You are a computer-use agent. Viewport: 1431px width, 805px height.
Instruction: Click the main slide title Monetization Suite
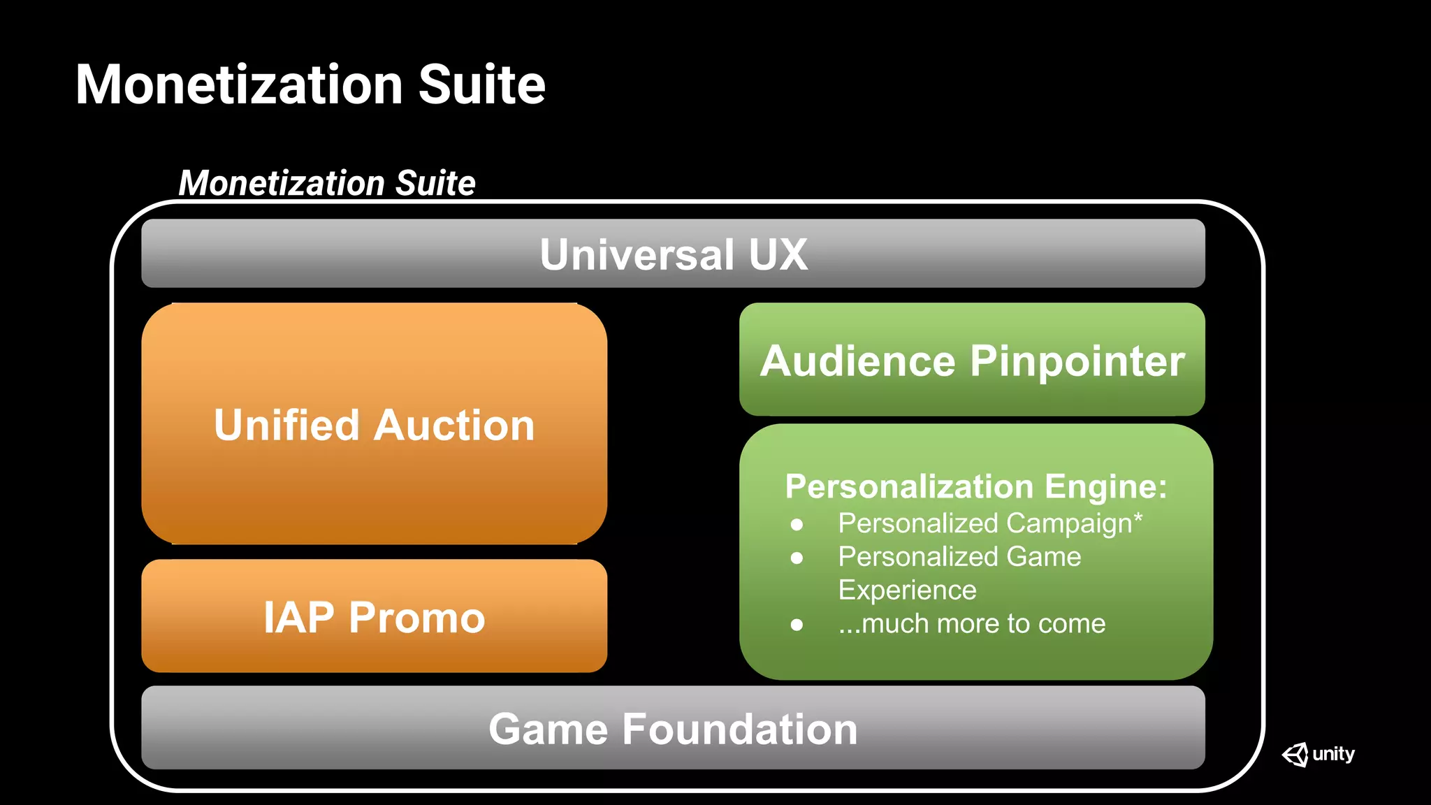point(310,85)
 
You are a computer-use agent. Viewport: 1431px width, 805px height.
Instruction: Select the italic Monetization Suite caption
point(327,183)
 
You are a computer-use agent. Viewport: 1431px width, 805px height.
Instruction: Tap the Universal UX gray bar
point(673,254)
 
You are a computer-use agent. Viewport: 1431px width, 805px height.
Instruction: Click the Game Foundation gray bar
point(673,728)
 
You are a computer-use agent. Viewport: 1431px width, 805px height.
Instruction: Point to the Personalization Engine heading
point(975,486)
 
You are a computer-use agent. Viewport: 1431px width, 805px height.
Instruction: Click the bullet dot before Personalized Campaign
point(797,525)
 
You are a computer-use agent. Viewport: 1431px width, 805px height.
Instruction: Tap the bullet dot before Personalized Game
point(797,558)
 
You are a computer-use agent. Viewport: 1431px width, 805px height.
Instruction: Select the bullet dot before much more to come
point(797,625)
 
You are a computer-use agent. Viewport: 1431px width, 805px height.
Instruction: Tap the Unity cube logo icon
point(1295,755)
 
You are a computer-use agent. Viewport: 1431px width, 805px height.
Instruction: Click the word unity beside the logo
point(1333,755)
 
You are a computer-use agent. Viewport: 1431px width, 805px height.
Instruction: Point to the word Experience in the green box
point(907,590)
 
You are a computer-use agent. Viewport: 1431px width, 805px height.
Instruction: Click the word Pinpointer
point(1077,361)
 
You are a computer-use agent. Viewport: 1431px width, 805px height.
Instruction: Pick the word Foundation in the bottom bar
point(739,729)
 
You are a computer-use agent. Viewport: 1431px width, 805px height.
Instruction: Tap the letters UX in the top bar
point(778,254)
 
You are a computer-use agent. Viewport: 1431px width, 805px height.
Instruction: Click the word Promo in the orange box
point(416,618)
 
